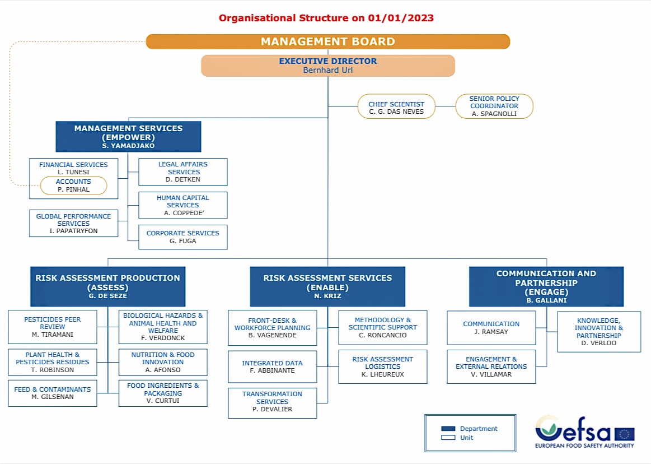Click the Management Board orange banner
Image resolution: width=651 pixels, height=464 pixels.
(x=327, y=41)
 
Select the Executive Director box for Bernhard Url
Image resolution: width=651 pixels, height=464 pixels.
(x=327, y=66)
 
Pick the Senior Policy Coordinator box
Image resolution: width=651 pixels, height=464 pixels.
(x=494, y=106)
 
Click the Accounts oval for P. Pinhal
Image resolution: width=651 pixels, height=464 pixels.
(x=73, y=185)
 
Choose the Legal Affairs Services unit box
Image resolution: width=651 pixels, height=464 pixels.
(x=183, y=172)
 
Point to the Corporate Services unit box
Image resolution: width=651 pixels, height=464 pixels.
(x=183, y=237)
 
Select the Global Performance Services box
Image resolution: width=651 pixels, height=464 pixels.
(x=73, y=223)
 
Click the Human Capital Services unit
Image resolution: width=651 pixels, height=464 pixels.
(x=183, y=205)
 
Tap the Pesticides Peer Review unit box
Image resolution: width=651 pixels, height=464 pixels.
(x=53, y=327)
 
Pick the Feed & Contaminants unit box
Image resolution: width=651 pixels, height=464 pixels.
(x=53, y=393)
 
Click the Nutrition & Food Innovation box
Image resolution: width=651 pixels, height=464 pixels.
(x=163, y=362)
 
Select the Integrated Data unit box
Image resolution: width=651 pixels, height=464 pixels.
(x=272, y=367)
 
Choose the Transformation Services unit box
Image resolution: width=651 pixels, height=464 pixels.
(x=272, y=402)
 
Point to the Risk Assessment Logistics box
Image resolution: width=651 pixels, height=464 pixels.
(x=382, y=366)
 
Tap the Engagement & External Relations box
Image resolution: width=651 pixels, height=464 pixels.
(x=491, y=366)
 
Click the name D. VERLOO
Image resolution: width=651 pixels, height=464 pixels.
(x=599, y=343)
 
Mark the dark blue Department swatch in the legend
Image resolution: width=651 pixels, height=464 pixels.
(x=448, y=429)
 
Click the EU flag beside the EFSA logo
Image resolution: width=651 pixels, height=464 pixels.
(x=624, y=434)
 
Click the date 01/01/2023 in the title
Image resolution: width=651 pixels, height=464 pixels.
(x=401, y=18)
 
